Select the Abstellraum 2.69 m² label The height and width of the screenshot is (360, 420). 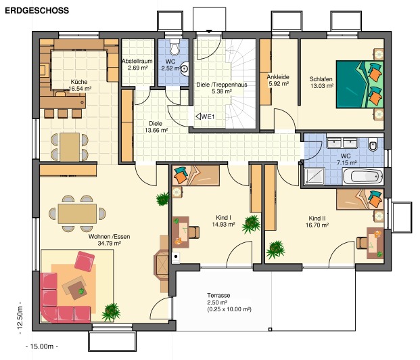tap(138, 65)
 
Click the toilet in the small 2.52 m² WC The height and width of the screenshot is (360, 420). tap(175, 48)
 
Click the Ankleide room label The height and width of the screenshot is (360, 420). tap(278, 80)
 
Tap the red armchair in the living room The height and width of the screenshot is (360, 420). tap(85, 261)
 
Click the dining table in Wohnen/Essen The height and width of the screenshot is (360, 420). tap(76, 214)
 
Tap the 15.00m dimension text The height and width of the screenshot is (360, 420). tap(41, 346)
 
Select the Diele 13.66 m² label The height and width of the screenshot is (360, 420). tap(155, 128)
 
